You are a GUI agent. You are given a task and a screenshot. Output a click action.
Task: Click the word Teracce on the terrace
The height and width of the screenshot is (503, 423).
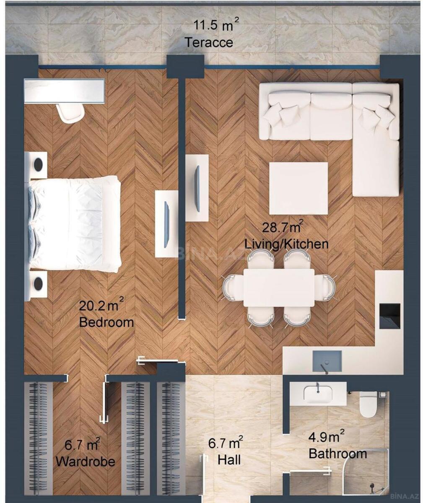point(209,43)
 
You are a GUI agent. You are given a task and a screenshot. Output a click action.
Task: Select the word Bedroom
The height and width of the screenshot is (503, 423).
point(106,322)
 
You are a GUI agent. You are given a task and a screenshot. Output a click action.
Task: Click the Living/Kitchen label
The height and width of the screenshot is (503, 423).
point(286,244)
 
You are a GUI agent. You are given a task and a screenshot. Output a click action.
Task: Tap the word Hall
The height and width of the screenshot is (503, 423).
point(229,460)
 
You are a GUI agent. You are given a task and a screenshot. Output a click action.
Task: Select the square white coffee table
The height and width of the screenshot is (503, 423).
point(298,188)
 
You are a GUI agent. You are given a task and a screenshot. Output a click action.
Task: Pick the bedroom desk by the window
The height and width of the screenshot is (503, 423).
point(64,91)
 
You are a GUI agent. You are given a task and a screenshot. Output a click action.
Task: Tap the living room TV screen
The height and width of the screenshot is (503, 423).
point(197,189)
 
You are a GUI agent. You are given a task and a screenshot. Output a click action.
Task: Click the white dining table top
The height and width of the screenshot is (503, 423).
point(279,288)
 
